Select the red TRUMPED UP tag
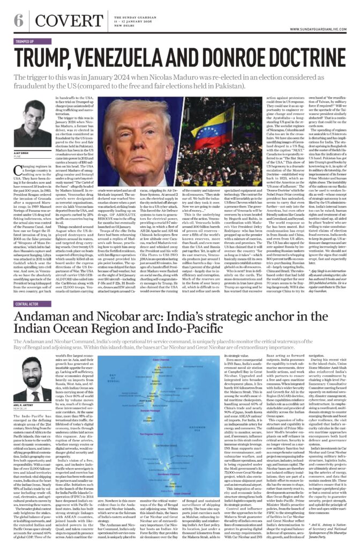pyautogui.click(x=25, y=41)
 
